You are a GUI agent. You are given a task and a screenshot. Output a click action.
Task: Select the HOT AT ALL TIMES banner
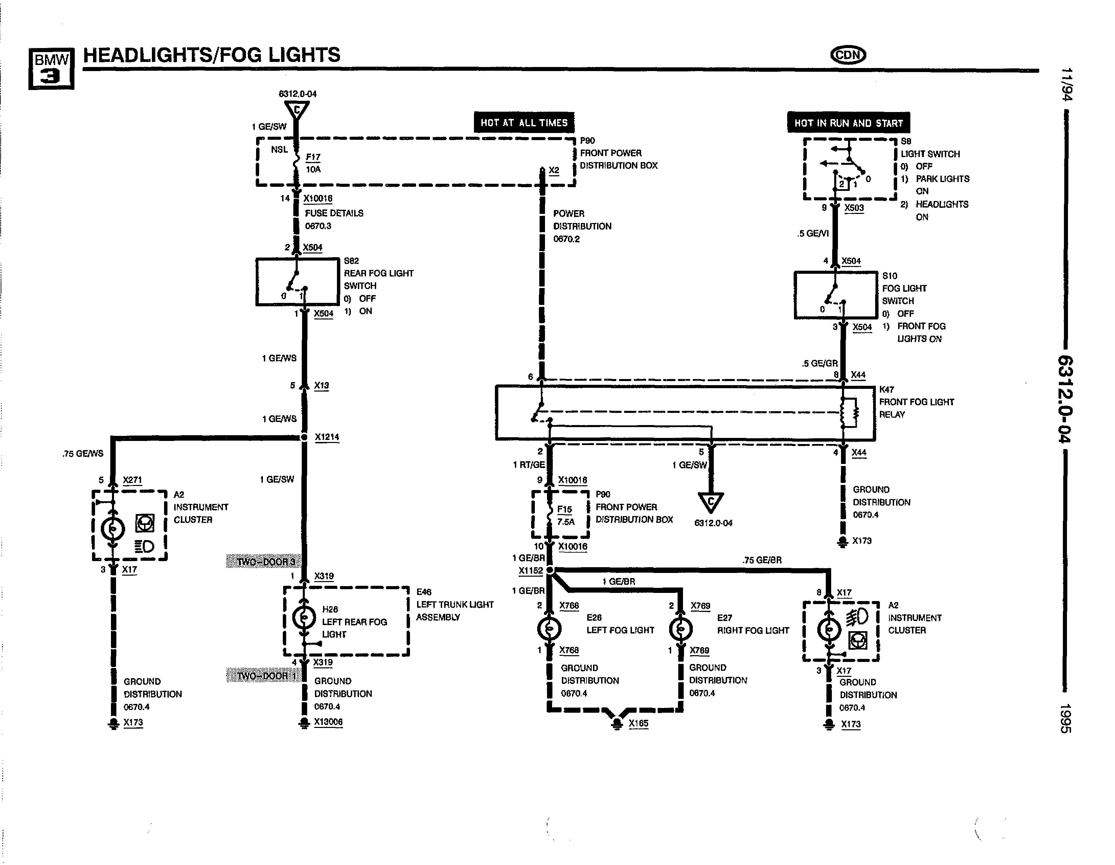(524, 123)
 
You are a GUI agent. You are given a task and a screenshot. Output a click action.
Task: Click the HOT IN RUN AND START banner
(848, 123)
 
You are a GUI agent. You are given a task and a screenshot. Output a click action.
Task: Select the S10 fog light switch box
(835, 295)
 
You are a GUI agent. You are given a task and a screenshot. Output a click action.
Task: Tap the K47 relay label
(887, 389)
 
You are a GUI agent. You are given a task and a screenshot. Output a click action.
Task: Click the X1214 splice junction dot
(304, 437)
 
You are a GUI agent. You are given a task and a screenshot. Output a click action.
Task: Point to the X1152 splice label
(530, 570)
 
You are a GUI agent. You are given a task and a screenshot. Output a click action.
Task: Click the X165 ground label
(638, 723)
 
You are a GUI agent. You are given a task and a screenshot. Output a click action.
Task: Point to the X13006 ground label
(328, 722)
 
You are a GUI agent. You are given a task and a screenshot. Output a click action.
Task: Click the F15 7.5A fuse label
(565, 515)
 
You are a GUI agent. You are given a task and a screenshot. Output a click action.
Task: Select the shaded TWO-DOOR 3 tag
(264, 562)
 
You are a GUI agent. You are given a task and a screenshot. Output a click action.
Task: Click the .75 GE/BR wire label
(762, 560)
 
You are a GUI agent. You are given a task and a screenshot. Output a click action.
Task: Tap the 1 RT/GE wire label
(529, 465)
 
